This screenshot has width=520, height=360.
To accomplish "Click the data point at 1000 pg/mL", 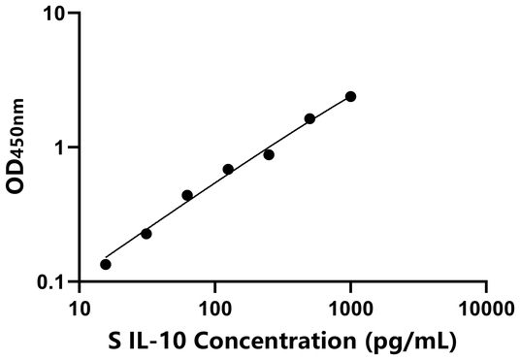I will tap(350, 96).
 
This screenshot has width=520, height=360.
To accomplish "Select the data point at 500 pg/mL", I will tap(309, 118).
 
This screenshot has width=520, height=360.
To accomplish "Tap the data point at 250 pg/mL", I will tap(269, 154).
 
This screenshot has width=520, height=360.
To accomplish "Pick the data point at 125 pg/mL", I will tap(228, 169).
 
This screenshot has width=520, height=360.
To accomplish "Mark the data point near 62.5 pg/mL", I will tap(187, 195).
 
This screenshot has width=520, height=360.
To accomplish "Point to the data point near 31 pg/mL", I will tap(146, 233).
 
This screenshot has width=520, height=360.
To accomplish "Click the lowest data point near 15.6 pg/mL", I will tap(106, 264).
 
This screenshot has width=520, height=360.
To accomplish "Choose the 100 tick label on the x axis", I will tap(214, 311).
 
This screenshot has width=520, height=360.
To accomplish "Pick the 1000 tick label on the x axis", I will tap(350, 311).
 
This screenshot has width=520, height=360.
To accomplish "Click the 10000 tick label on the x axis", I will tap(485, 311).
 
